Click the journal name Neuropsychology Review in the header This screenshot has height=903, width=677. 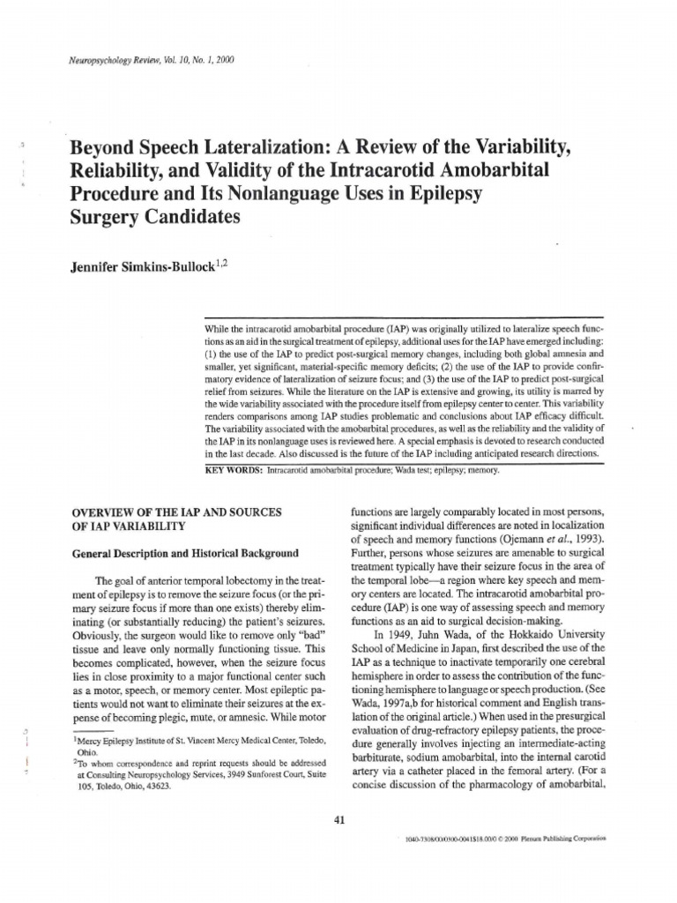point(100,61)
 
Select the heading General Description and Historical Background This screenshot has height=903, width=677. point(184,553)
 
